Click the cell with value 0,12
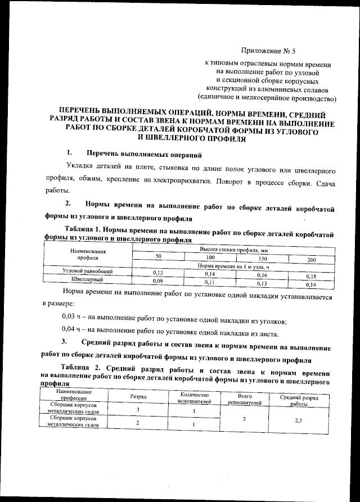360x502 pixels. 157,272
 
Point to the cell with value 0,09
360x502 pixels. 157,280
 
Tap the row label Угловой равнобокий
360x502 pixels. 87,272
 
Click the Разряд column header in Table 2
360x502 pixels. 138,396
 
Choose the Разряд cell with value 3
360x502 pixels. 138,410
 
